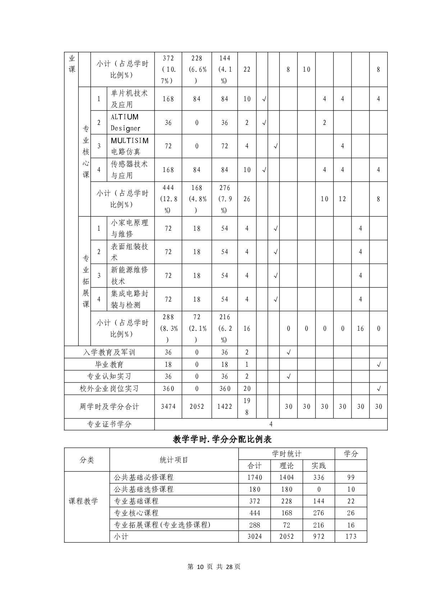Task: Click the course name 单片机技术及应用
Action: [129, 99]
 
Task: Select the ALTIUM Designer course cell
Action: [125, 123]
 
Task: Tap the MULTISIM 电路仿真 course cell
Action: [129, 146]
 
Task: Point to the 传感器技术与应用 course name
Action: [129, 170]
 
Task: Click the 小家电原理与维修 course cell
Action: [129, 229]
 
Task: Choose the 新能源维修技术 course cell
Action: [129, 276]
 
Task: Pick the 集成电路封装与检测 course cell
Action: [129, 299]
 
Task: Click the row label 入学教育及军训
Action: [109, 352]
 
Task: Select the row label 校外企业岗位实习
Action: [109, 389]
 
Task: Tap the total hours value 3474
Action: [168, 407]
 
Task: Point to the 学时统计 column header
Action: [286, 454]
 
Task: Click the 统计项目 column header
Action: [174, 460]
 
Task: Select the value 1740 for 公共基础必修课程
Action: [255, 478]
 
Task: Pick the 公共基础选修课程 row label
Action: [144, 489]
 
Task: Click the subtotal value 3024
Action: [255, 537]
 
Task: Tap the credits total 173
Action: [351, 537]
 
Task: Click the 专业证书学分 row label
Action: [109, 424]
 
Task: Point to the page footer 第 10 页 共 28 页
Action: [214, 567]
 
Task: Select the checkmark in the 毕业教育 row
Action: [378, 365]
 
